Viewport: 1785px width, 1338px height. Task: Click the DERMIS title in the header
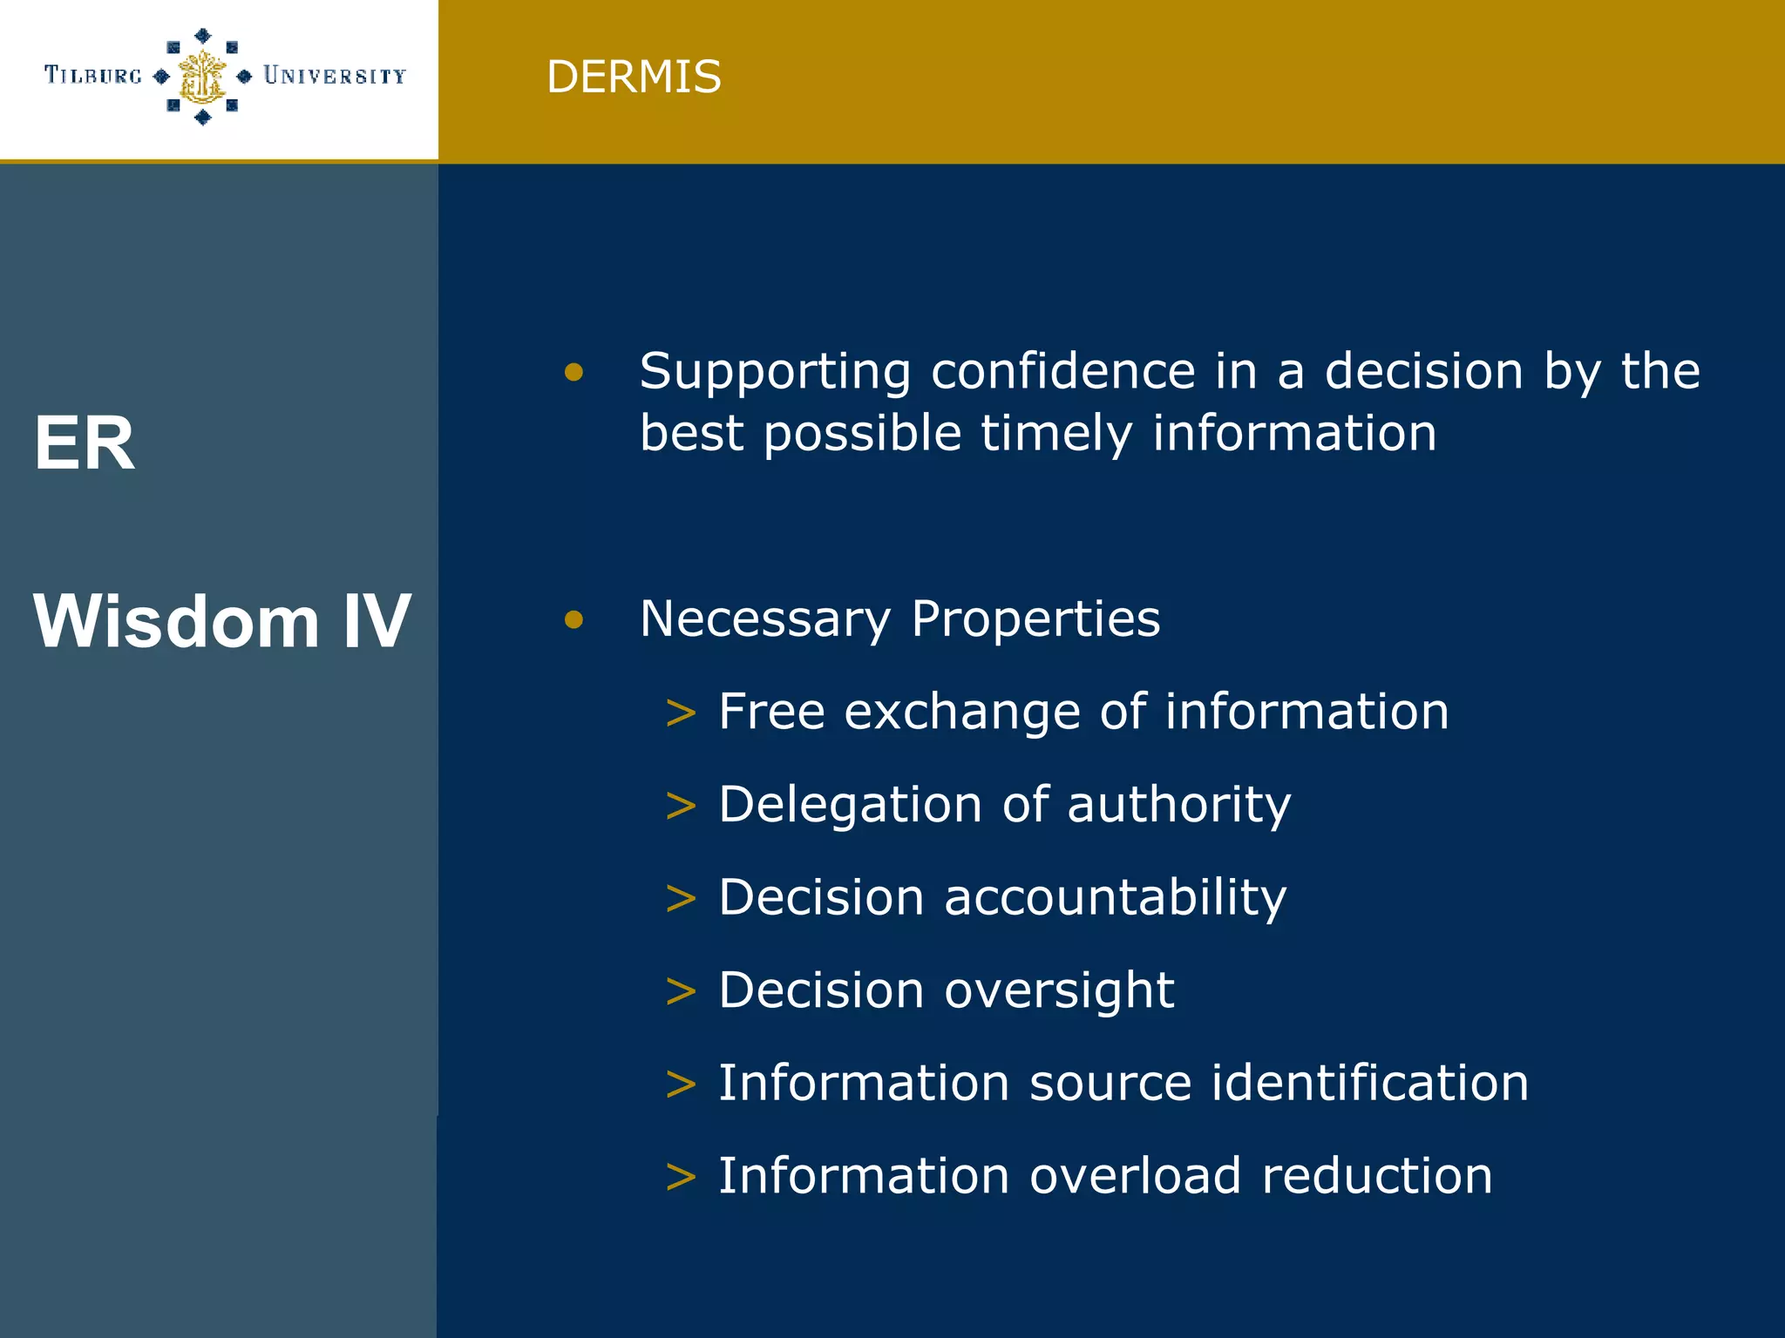click(634, 77)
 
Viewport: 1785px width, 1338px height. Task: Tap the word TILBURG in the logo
click(93, 76)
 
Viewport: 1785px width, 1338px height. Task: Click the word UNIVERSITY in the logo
click(335, 76)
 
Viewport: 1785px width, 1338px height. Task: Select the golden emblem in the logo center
click(202, 77)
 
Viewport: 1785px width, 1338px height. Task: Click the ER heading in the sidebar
click(85, 443)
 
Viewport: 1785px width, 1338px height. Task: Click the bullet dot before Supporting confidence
click(574, 373)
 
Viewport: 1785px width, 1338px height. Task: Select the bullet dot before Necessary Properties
click(574, 619)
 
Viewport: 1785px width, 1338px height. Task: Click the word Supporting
click(775, 373)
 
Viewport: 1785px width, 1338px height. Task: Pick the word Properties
click(1035, 620)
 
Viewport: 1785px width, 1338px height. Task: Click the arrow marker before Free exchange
click(681, 713)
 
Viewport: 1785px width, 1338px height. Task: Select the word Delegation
click(851, 804)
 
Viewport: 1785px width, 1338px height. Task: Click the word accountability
click(1115, 897)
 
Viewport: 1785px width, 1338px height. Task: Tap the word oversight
click(1059, 991)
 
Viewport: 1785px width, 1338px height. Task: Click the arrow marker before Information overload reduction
click(681, 1178)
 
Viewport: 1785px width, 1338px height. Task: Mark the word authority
click(1178, 804)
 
